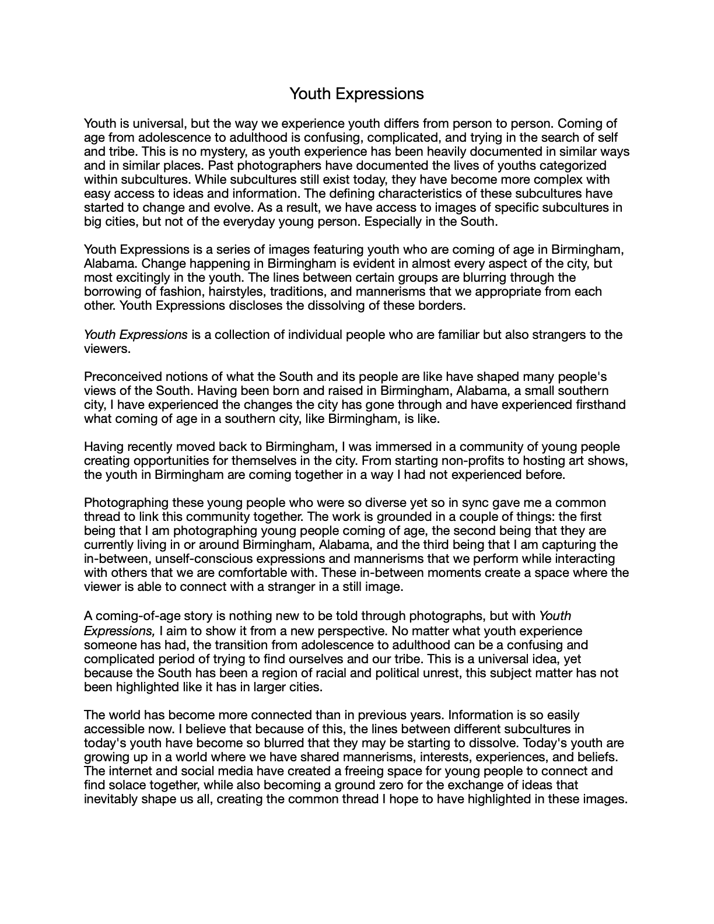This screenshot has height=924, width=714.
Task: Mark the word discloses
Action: coord(237,306)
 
